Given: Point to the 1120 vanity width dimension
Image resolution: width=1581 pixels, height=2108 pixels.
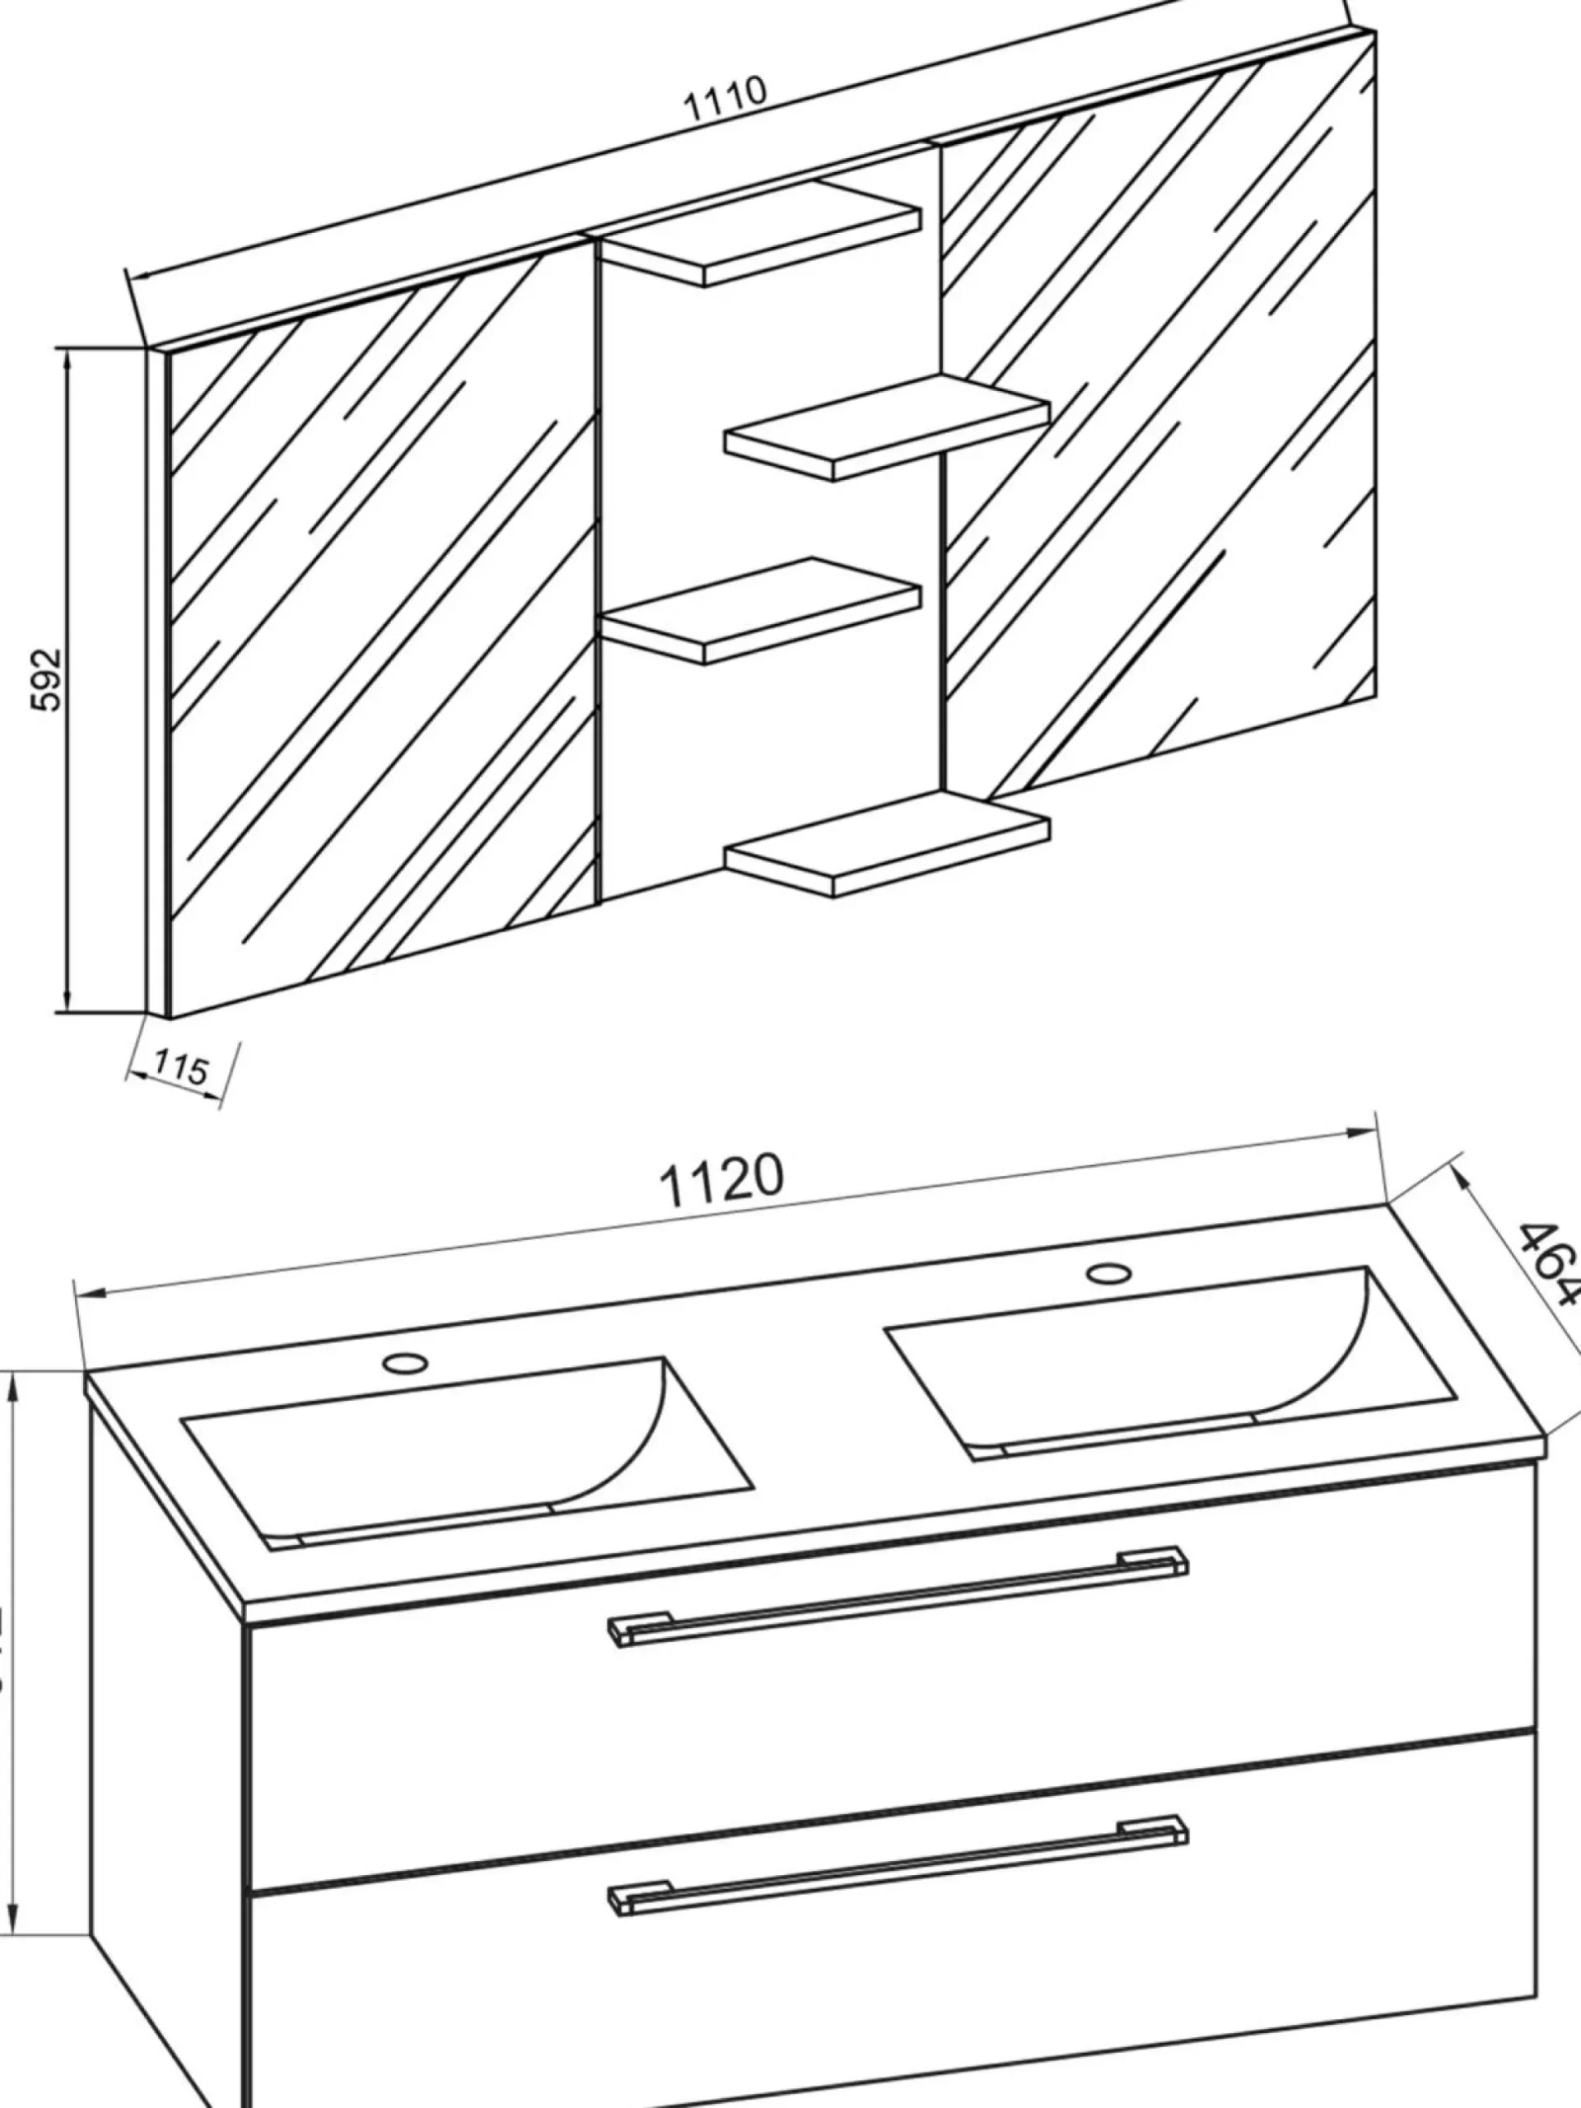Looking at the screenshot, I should pyautogui.click(x=722, y=1179).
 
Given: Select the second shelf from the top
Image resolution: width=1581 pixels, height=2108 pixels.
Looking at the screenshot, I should pyautogui.click(x=886, y=427).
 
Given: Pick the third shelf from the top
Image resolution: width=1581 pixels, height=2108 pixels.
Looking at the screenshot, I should pyautogui.click(x=763, y=610).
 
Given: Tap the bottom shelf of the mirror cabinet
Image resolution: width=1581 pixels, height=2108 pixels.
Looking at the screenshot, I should pyautogui.click(x=886, y=843).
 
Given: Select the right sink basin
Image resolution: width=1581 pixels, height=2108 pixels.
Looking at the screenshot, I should pyautogui.click(x=1173, y=1363).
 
